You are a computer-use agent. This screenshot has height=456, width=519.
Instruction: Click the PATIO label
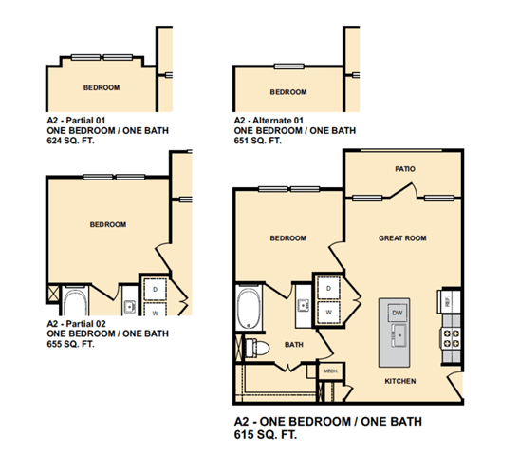(405, 169)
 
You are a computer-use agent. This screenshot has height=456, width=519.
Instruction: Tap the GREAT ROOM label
(402, 237)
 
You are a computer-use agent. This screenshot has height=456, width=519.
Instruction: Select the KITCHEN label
(400, 381)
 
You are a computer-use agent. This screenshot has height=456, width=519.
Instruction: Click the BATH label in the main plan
(294, 345)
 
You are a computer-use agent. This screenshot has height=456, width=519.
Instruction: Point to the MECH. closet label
(331, 370)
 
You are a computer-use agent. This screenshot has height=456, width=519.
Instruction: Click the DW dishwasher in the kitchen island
(398, 313)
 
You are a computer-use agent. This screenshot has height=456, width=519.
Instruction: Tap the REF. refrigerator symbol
(449, 301)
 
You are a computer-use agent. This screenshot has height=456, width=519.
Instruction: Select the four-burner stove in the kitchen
(451, 338)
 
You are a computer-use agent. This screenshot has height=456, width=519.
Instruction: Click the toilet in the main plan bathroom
(257, 348)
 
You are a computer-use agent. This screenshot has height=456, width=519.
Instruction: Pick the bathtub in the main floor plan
(249, 308)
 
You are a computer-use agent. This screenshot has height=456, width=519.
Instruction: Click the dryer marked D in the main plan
(328, 288)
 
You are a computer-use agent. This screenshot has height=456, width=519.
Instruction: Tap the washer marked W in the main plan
(328, 313)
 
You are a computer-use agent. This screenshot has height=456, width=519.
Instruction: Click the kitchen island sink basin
(399, 335)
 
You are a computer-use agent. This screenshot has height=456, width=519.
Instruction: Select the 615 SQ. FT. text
(266, 434)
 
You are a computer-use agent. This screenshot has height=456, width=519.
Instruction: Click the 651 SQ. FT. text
(257, 141)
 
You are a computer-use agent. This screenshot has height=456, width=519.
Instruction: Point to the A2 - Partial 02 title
(76, 323)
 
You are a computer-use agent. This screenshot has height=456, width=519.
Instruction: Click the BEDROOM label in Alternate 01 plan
(288, 92)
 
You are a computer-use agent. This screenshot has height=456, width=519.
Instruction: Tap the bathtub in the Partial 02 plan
(76, 301)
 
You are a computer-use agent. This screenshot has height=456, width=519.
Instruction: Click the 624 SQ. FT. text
(70, 141)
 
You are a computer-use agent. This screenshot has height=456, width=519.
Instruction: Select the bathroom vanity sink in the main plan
(304, 305)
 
